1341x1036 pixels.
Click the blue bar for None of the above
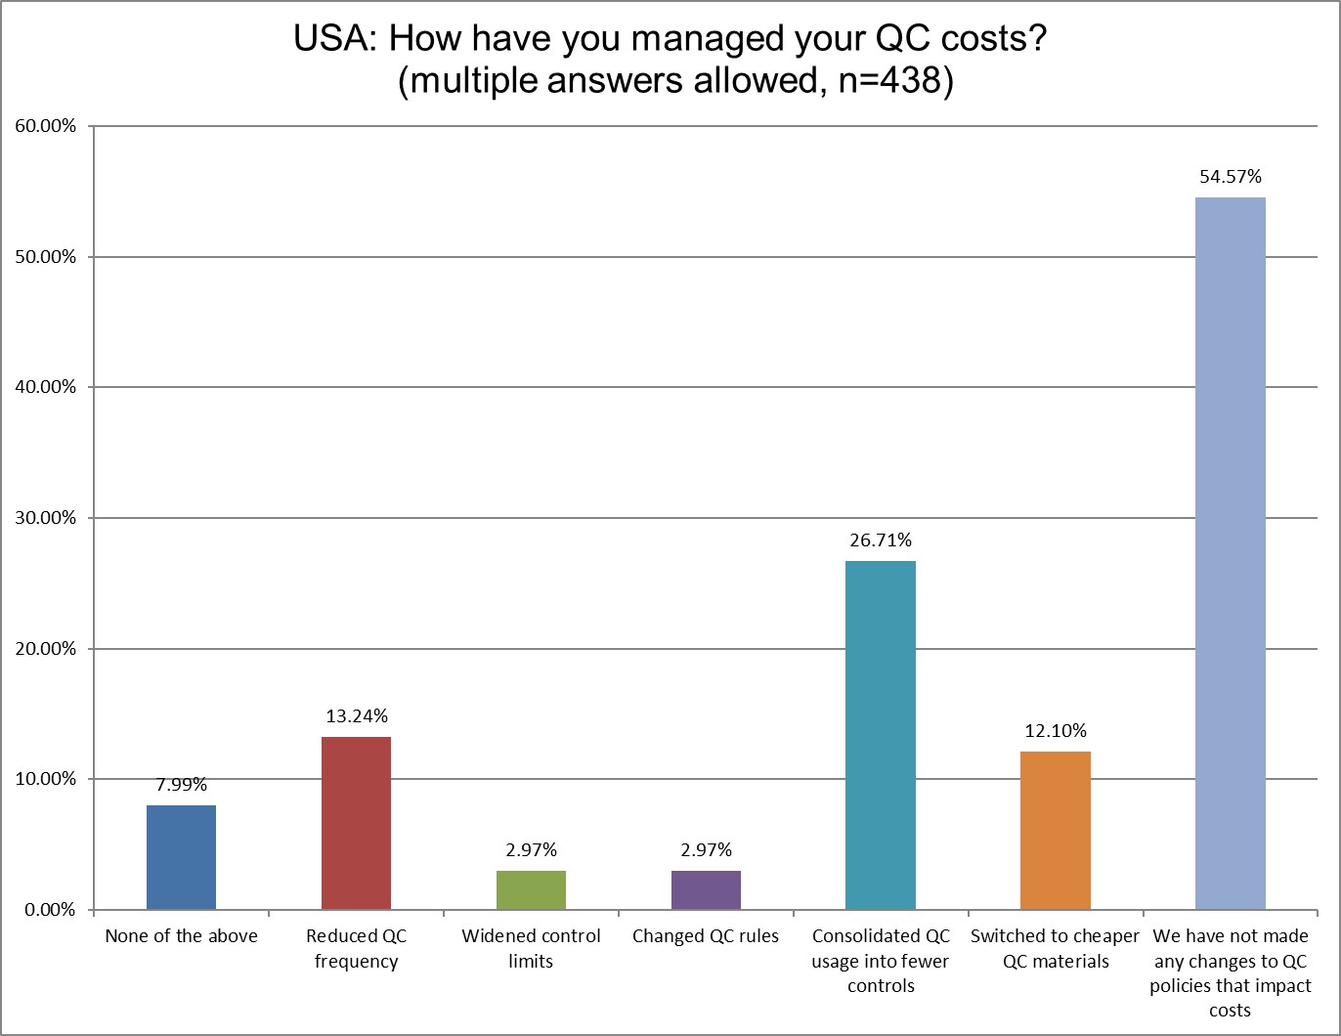(181, 857)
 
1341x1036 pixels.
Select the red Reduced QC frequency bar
(356, 823)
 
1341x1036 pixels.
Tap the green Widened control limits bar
(531, 889)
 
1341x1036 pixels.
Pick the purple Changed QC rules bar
(706, 889)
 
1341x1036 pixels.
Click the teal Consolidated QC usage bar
(880, 735)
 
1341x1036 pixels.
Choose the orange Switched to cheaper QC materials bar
(1056, 830)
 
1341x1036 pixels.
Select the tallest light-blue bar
(1230, 553)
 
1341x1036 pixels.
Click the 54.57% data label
(1231, 177)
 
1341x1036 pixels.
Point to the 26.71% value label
(880, 540)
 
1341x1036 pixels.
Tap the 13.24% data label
(356, 716)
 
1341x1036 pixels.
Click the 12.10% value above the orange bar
(1056, 731)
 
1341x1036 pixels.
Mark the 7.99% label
(181, 785)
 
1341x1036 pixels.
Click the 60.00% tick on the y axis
(44, 126)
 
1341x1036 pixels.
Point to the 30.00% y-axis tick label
(44, 518)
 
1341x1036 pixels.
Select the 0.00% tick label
(48, 910)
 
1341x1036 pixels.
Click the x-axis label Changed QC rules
(706, 936)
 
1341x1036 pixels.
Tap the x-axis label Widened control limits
(531, 948)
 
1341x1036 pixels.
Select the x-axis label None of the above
(181, 936)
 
